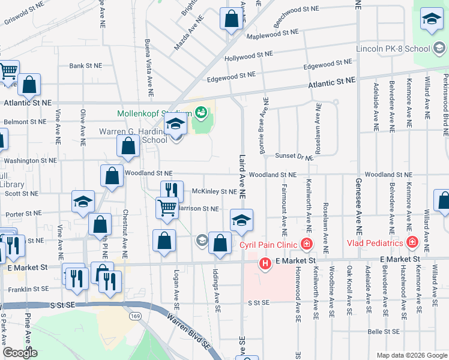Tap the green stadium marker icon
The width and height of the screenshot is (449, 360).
point(200,112)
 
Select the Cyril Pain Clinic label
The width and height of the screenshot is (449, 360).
point(269,245)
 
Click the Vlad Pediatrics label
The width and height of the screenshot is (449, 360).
point(375,243)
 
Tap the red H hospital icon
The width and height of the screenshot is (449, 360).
point(265,263)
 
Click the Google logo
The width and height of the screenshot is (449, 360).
point(20,353)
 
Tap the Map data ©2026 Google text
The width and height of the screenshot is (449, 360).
point(411,355)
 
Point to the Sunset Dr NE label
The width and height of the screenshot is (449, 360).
point(294,157)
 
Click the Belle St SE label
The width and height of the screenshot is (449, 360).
point(384,331)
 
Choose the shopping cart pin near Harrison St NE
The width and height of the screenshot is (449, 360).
point(167,208)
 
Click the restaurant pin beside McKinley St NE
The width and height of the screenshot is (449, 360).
point(172,190)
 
